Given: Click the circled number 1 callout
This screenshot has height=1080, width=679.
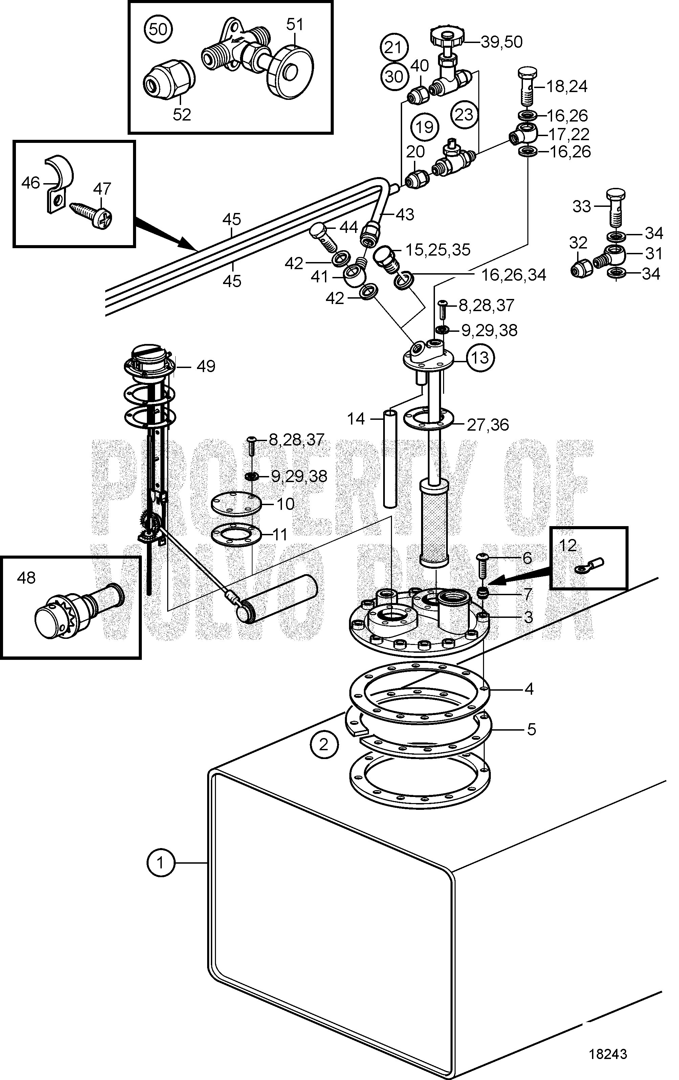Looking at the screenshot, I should click(x=160, y=862).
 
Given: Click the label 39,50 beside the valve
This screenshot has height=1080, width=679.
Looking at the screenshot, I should click(x=501, y=42).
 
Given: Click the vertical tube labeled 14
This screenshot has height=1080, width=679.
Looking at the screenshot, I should click(x=390, y=457).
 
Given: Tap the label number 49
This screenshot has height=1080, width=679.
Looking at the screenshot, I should click(x=206, y=366).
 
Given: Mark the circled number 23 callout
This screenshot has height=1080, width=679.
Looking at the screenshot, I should click(x=464, y=114).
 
